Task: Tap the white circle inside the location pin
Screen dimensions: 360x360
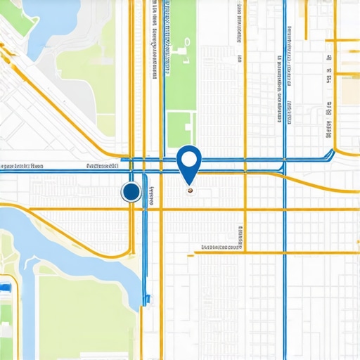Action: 188,157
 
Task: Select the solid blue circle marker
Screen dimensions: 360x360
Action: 131,191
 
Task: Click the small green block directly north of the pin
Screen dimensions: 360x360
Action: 179,129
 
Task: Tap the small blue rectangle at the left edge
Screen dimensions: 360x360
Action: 6,289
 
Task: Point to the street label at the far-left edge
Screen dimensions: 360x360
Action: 21,167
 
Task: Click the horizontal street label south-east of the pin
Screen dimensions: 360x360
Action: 221,247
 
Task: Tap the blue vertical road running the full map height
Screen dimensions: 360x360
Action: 285,211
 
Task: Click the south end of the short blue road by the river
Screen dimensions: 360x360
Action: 147,300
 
